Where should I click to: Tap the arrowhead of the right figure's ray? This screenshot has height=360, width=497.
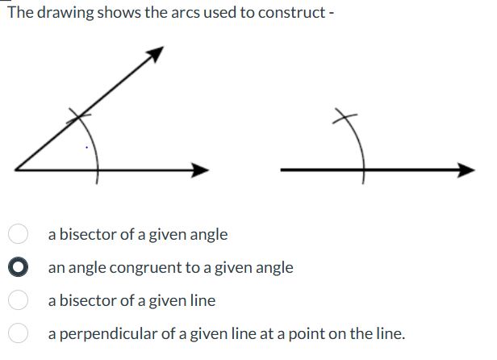coord(466,170)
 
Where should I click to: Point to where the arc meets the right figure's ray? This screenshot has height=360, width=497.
coord(362,170)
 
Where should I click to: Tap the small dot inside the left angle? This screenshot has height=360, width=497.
coord(87,148)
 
